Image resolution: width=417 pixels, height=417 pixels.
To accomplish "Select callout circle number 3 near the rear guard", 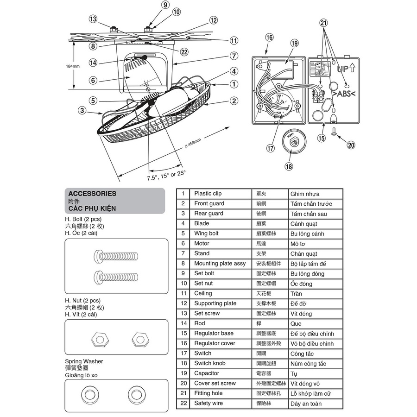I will [82, 110].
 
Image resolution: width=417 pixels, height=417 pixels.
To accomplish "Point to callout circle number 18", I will [289, 166].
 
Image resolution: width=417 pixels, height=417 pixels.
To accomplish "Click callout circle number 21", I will [324, 22].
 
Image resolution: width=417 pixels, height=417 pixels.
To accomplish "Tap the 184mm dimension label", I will [72, 66].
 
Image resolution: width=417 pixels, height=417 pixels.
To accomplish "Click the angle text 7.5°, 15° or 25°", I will [166, 175].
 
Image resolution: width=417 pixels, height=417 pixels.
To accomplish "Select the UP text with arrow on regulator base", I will [346, 69].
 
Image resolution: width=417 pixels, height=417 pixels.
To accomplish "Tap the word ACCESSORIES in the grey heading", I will [92, 194].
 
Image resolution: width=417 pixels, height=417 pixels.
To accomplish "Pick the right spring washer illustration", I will [138, 394].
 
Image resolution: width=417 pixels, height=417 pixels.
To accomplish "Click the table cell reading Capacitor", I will [207, 373].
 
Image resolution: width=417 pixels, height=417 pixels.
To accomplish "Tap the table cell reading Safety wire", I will [208, 403].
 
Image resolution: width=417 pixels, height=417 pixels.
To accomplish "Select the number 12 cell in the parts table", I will [183, 303].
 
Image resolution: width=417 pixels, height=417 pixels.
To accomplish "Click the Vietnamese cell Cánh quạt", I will [303, 224].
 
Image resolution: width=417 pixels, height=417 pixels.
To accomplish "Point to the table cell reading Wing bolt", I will [206, 234].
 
